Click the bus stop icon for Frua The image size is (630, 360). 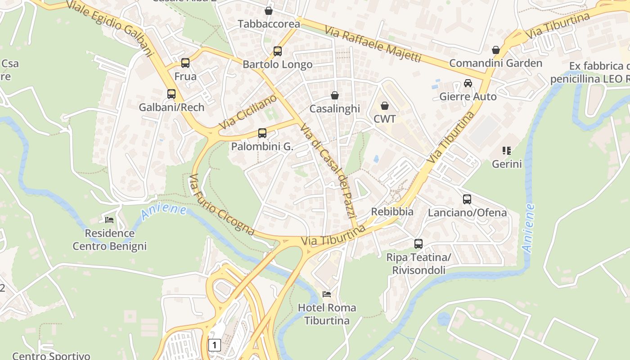[x=185, y=63]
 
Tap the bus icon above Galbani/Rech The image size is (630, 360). [x=171, y=94]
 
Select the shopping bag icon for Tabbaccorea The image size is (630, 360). [x=269, y=10]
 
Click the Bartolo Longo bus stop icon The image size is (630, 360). [x=278, y=51]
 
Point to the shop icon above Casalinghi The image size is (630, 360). [x=335, y=95]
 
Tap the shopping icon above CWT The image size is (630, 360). [x=385, y=106]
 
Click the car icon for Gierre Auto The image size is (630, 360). [x=468, y=83]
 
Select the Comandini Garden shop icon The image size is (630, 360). [x=496, y=50]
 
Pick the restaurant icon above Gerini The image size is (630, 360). [x=507, y=150]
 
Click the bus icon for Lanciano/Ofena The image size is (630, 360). [x=467, y=199]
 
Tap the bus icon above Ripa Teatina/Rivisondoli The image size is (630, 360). [x=418, y=244]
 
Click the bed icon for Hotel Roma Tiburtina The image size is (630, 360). [x=327, y=294]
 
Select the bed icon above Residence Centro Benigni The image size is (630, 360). [x=109, y=220]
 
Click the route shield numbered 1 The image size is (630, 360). [x=215, y=345]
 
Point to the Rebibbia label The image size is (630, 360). [x=392, y=211]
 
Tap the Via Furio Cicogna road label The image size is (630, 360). [x=221, y=205]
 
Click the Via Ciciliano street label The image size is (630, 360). [x=248, y=112]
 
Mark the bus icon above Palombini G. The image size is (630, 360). [x=262, y=133]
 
